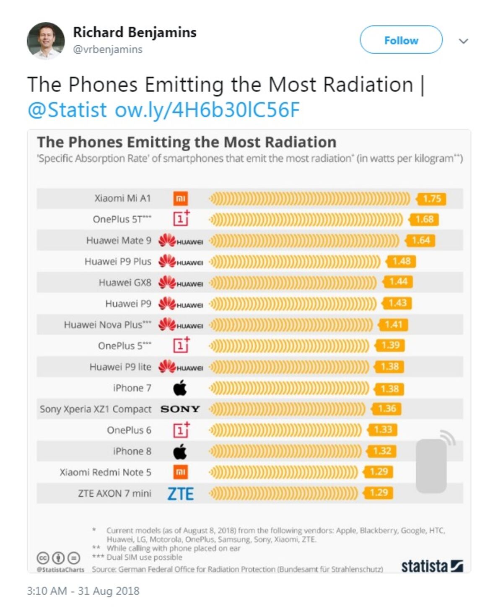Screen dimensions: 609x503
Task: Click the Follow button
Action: click(401, 40)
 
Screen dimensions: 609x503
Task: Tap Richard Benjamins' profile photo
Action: click(46, 41)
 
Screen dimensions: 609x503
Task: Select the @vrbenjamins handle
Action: click(108, 49)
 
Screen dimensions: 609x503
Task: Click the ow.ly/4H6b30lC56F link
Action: click(207, 110)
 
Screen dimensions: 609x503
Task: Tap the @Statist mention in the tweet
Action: click(67, 110)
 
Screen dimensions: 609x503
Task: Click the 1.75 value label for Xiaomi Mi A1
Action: click(431, 199)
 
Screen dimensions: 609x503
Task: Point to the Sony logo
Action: click(180, 409)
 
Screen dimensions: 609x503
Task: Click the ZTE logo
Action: click(180, 494)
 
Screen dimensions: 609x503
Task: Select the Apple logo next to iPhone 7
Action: click(180, 388)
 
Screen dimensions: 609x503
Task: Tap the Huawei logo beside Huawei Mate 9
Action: click(180, 241)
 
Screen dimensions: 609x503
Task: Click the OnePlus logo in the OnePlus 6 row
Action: click(181, 430)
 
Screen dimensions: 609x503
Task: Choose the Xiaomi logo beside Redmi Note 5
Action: click(181, 472)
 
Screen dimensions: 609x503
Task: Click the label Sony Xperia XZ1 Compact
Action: click(96, 409)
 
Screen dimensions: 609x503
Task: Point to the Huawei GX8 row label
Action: click(125, 282)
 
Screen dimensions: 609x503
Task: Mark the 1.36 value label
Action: click(386, 409)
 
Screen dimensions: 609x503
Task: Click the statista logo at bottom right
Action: click(432, 566)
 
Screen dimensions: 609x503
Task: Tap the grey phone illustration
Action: click(432, 465)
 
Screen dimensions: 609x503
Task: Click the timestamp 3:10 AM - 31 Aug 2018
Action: click(83, 591)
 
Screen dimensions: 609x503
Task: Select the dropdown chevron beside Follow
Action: click(463, 41)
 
